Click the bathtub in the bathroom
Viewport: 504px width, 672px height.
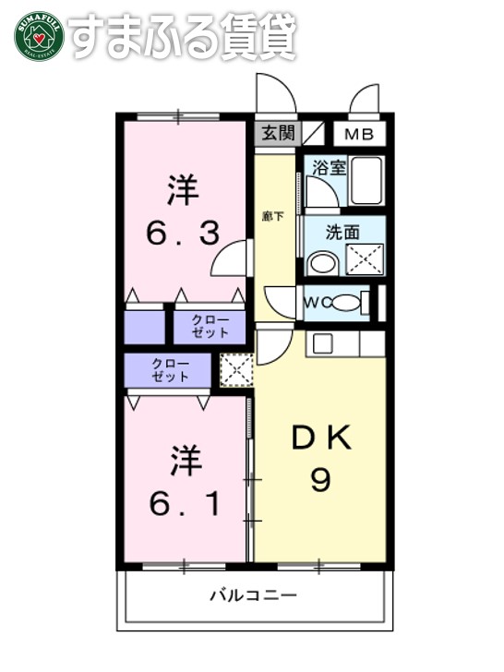[367, 181]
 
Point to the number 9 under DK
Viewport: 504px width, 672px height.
[320, 480]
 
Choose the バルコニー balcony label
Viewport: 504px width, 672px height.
[252, 595]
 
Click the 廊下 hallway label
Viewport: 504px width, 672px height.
[272, 217]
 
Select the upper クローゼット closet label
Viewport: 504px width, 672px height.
[210, 326]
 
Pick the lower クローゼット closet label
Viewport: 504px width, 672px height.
[171, 370]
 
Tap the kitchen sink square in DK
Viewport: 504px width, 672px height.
[323, 343]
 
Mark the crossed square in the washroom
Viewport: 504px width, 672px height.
[365, 260]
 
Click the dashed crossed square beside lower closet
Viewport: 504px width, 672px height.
[235, 370]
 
